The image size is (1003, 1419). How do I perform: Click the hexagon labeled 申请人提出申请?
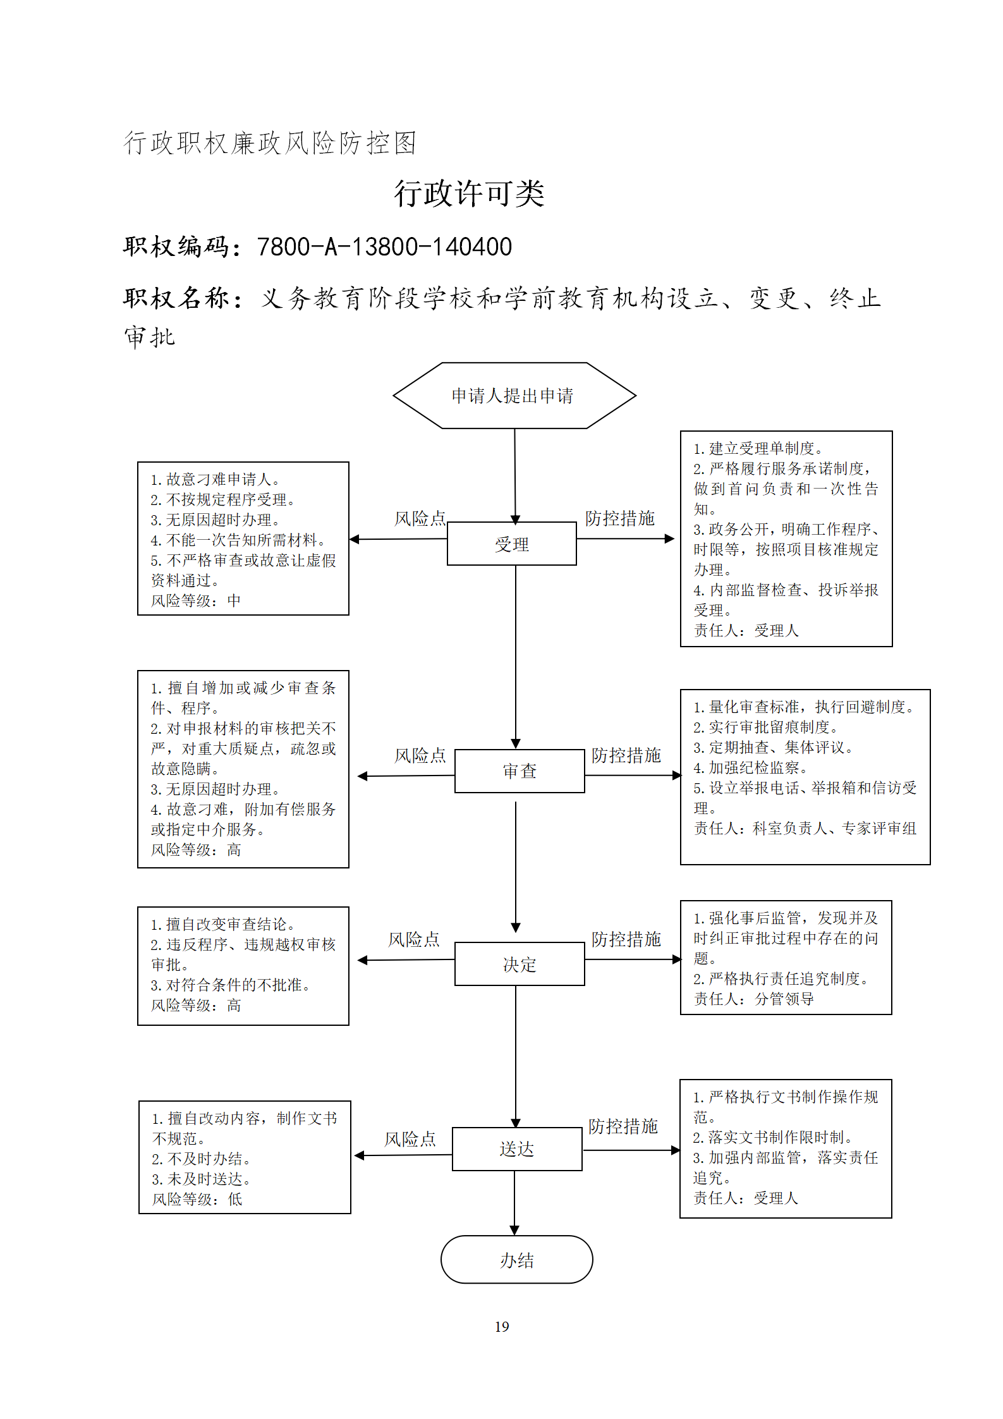click(514, 396)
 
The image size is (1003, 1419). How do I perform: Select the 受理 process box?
click(512, 544)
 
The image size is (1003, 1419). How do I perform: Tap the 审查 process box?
click(520, 771)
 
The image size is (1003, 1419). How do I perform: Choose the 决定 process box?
click(520, 964)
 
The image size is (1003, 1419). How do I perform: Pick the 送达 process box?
click(517, 1149)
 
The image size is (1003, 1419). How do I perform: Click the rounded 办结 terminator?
click(517, 1260)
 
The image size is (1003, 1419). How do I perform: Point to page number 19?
click(502, 1327)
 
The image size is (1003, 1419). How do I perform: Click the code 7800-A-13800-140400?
click(384, 247)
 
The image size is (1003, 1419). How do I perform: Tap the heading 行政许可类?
click(469, 193)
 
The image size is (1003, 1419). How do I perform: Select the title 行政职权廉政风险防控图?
click(270, 143)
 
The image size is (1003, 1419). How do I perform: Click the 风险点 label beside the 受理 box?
click(420, 518)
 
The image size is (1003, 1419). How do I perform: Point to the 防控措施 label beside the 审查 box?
click(626, 755)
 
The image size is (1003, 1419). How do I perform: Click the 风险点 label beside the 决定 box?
click(414, 939)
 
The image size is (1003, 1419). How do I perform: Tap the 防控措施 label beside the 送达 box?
click(623, 1126)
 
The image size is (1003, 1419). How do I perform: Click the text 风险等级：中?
click(196, 600)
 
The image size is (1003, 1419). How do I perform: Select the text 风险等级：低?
click(197, 1199)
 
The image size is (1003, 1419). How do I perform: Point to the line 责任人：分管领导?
click(754, 999)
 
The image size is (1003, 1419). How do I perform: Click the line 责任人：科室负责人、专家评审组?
click(805, 828)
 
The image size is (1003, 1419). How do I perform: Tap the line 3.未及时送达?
click(202, 1179)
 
